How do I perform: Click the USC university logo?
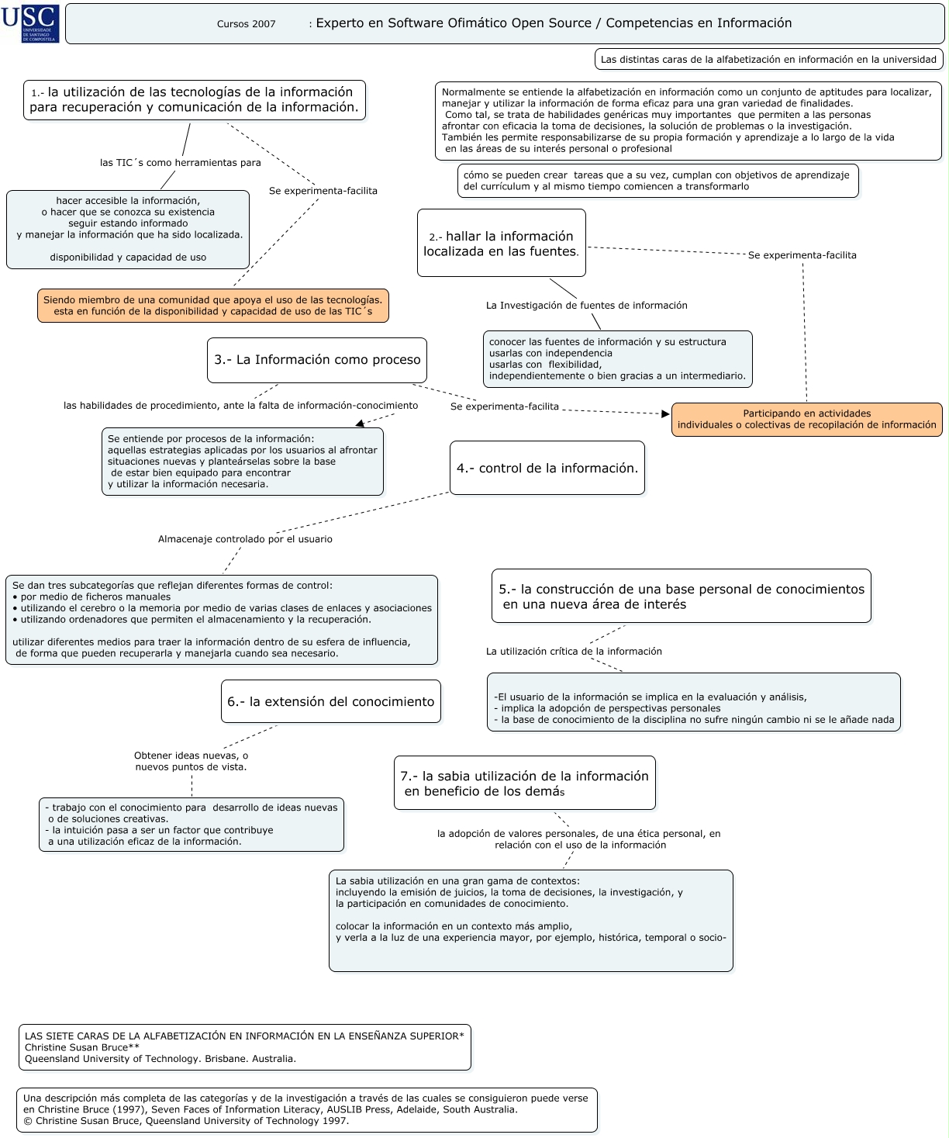pos(30,23)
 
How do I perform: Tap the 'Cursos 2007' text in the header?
pos(247,24)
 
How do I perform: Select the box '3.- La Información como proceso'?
pos(317,360)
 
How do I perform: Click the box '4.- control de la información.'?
pos(547,469)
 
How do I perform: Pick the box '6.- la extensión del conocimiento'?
pos(331,701)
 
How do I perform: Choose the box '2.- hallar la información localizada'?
pos(501,243)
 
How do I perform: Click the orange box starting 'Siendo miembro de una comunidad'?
pos(213,306)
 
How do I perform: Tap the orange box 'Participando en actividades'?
pos(807,420)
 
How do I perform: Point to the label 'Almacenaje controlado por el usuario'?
pos(245,539)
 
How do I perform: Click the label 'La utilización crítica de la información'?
pos(574,652)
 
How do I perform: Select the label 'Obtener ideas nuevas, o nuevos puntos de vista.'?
pos(192,761)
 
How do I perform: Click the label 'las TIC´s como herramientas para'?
pos(181,162)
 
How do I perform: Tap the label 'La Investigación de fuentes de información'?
pos(587,305)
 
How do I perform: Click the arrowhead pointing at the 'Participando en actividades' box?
pos(665,414)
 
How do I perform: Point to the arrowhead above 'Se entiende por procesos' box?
pos(360,424)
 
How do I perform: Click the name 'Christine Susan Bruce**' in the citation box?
pos(81,1047)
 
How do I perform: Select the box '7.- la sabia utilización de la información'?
pos(525,783)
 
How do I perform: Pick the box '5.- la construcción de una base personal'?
pos(681,596)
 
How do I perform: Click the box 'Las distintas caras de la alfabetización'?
pos(768,60)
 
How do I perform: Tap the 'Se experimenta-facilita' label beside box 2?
pos(802,255)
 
